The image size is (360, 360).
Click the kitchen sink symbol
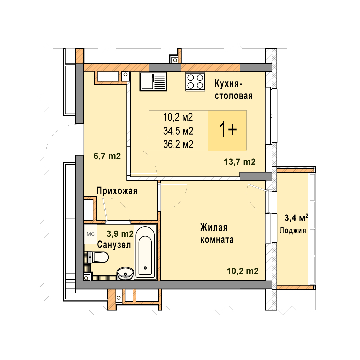[x=153, y=82]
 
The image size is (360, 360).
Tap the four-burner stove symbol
[x=195, y=82]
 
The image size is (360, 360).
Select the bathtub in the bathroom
[x=145, y=252]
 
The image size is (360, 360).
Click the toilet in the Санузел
[x=98, y=257]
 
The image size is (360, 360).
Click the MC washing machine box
[x=91, y=234]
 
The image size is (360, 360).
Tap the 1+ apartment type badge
[x=227, y=131]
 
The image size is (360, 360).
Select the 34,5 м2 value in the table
[x=178, y=131]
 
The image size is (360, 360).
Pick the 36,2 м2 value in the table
[x=178, y=144]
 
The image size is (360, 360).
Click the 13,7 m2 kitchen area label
[x=240, y=162]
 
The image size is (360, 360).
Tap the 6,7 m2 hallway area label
[x=107, y=156]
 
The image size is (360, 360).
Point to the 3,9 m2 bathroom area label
[x=120, y=234]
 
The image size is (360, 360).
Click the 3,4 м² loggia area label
[x=296, y=217]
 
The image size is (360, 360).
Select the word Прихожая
[x=117, y=191]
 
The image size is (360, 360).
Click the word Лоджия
[x=293, y=231]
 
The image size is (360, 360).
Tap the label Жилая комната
[x=217, y=233]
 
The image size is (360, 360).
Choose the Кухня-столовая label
[x=234, y=90]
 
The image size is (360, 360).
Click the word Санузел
[x=114, y=245]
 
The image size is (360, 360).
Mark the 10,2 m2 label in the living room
[x=243, y=271]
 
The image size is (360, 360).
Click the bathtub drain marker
[x=145, y=268]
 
